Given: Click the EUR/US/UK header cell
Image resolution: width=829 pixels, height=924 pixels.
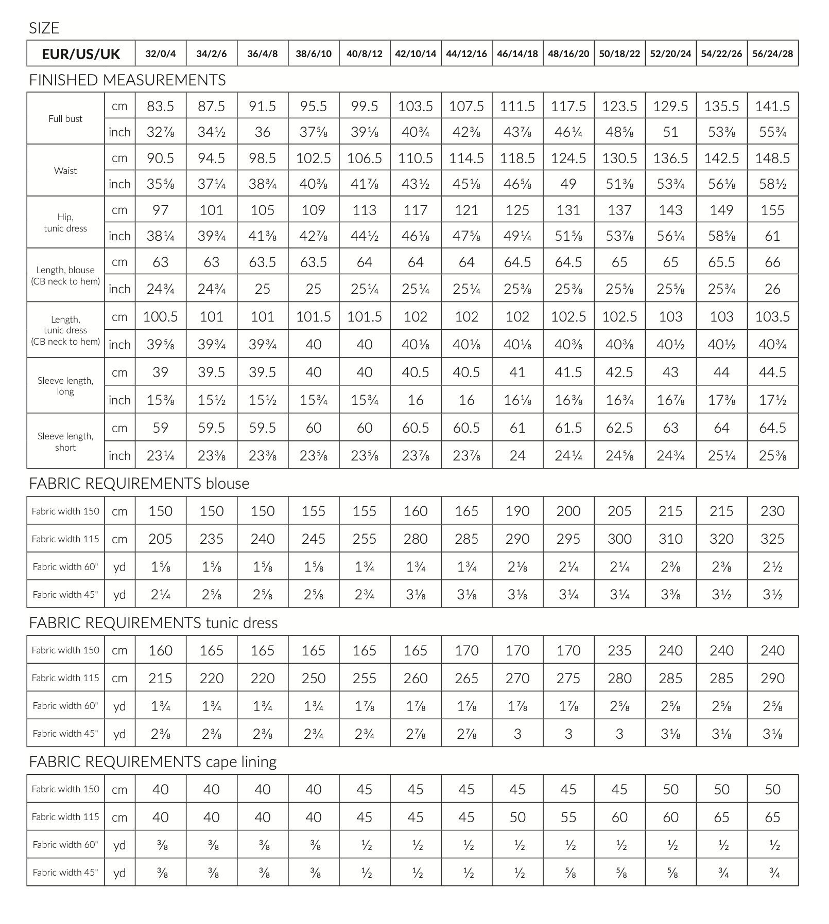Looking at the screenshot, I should [81, 54].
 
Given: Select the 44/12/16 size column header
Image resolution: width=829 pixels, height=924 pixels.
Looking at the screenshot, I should [467, 54].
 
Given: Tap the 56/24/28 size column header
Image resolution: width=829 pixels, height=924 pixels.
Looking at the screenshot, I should [772, 54].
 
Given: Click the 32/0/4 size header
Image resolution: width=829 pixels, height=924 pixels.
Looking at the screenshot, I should [161, 54].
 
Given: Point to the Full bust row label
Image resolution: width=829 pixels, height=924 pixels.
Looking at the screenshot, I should [65, 119].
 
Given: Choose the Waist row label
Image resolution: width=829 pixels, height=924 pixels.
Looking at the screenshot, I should [65, 171].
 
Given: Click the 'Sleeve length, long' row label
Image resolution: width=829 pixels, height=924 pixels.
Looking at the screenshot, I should [65, 386].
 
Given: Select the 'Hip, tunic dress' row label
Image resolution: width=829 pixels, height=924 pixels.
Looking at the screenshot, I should [65, 223].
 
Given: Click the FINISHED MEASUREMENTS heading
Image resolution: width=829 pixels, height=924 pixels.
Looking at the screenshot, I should [127, 80].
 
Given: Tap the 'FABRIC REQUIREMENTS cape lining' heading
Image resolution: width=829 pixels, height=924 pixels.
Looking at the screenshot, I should [152, 762].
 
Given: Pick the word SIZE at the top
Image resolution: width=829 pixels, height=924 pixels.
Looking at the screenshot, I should [44, 28].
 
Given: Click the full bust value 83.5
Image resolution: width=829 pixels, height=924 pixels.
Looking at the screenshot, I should [161, 106].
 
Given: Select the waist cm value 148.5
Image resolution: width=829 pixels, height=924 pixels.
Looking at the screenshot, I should [772, 158].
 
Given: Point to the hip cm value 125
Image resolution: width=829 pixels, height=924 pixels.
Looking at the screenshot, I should [517, 210].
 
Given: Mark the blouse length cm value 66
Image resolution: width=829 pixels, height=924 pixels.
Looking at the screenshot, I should [772, 262].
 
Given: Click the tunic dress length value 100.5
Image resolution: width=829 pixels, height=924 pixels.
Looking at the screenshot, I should [161, 317].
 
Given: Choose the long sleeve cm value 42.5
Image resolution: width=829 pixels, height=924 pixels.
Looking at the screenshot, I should [619, 372].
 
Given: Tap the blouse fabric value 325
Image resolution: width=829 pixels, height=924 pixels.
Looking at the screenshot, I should [772, 539].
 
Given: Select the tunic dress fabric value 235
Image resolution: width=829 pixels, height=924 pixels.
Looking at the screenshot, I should [619, 651].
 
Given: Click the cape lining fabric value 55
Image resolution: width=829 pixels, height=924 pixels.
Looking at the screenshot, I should [568, 818].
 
